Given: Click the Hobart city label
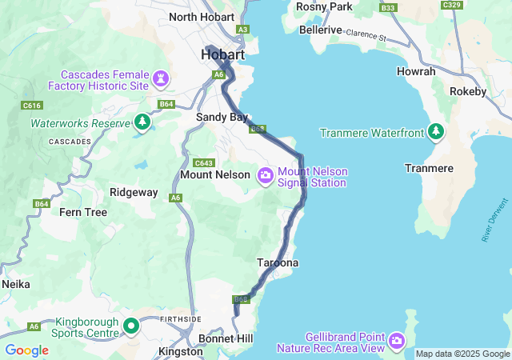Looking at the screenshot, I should point(222,54).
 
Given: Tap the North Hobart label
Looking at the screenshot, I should point(201,17).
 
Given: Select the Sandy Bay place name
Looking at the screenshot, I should point(223,117).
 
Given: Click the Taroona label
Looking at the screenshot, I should point(278,262).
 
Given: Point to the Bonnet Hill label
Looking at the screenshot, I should point(226,339).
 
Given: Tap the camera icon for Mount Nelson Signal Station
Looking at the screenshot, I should point(265,174).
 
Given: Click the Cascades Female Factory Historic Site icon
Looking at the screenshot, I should point(163,78).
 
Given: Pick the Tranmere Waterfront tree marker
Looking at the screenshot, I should point(437,130).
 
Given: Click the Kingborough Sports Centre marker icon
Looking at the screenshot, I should point(130,326).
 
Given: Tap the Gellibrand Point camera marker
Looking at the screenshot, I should point(396,342).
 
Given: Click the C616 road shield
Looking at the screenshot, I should point(32,106).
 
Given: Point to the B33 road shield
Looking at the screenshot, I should point(389,8).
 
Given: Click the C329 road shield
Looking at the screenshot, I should point(452,5).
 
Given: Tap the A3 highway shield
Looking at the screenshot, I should point(242,30).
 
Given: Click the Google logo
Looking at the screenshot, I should point(27,350).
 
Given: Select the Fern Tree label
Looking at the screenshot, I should point(83,212).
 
